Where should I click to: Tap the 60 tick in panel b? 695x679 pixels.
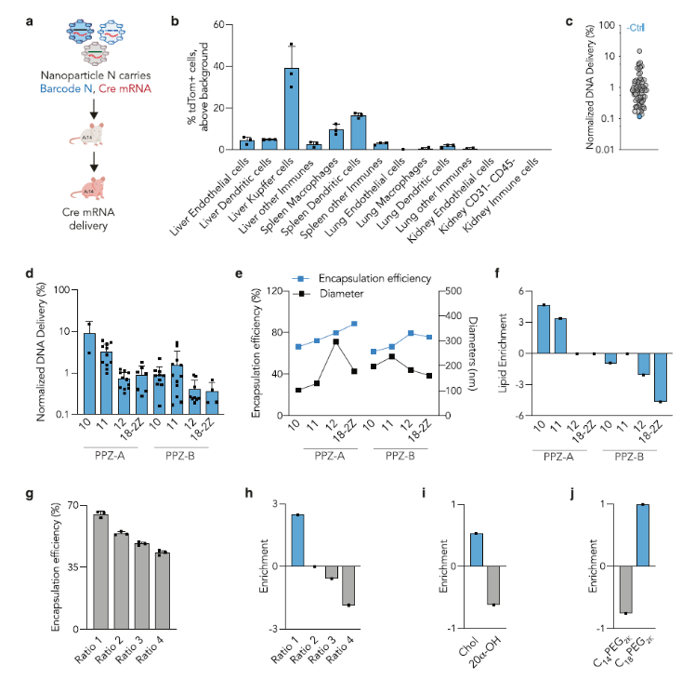click(218, 24)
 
